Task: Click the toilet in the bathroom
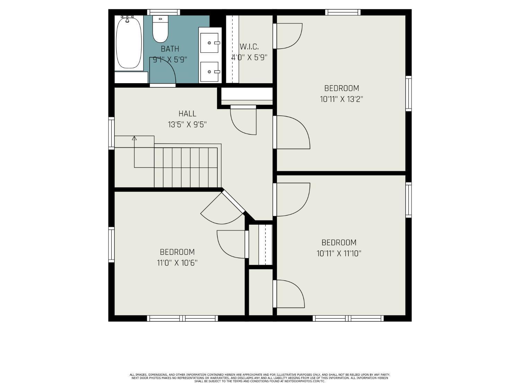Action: (x=160, y=29)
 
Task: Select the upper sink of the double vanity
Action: (x=209, y=43)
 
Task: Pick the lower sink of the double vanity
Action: (x=209, y=72)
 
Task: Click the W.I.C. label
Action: (x=249, y=47)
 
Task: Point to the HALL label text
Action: (x=187, y=114)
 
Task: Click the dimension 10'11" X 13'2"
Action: (x=341, y=99)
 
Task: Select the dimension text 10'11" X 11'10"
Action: (x=339, y=254)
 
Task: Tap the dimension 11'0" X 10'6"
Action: (x=177, y=263)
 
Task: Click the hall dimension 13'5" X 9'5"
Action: (x=187, y=124)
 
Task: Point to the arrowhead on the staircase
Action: (x=134, y=138)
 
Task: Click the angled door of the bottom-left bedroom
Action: (x=233, y=202)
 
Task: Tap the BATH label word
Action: (x=170, y=49)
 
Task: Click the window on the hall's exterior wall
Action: (x=111, y=133)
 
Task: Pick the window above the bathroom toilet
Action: (x=163, y=12)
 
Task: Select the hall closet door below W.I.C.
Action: (x=243, y=107)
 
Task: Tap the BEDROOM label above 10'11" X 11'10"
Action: (x=339, y=242)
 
